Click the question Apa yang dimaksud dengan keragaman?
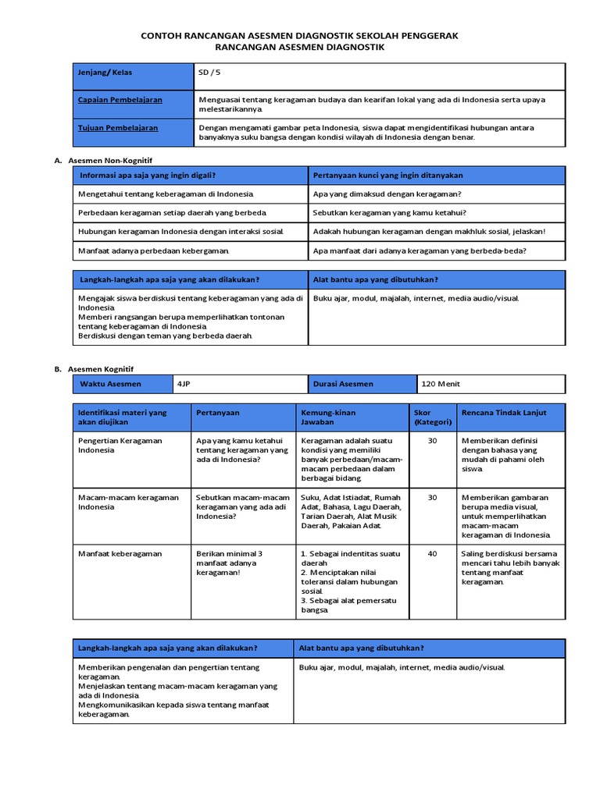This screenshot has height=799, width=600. (387, 194)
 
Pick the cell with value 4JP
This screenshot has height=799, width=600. (184, 384)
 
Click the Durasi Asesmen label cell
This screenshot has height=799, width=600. (343, 384)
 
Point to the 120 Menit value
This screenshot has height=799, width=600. (441, 384)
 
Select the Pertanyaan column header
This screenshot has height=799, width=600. (218, 412)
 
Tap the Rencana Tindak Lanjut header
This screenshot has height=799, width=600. (504, 412)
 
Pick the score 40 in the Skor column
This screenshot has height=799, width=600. (433, 553)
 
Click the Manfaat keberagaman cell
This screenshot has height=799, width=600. (120, 553)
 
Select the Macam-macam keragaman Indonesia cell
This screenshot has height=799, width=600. (121, 502)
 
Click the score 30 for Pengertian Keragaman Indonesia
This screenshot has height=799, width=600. (433, 441)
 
